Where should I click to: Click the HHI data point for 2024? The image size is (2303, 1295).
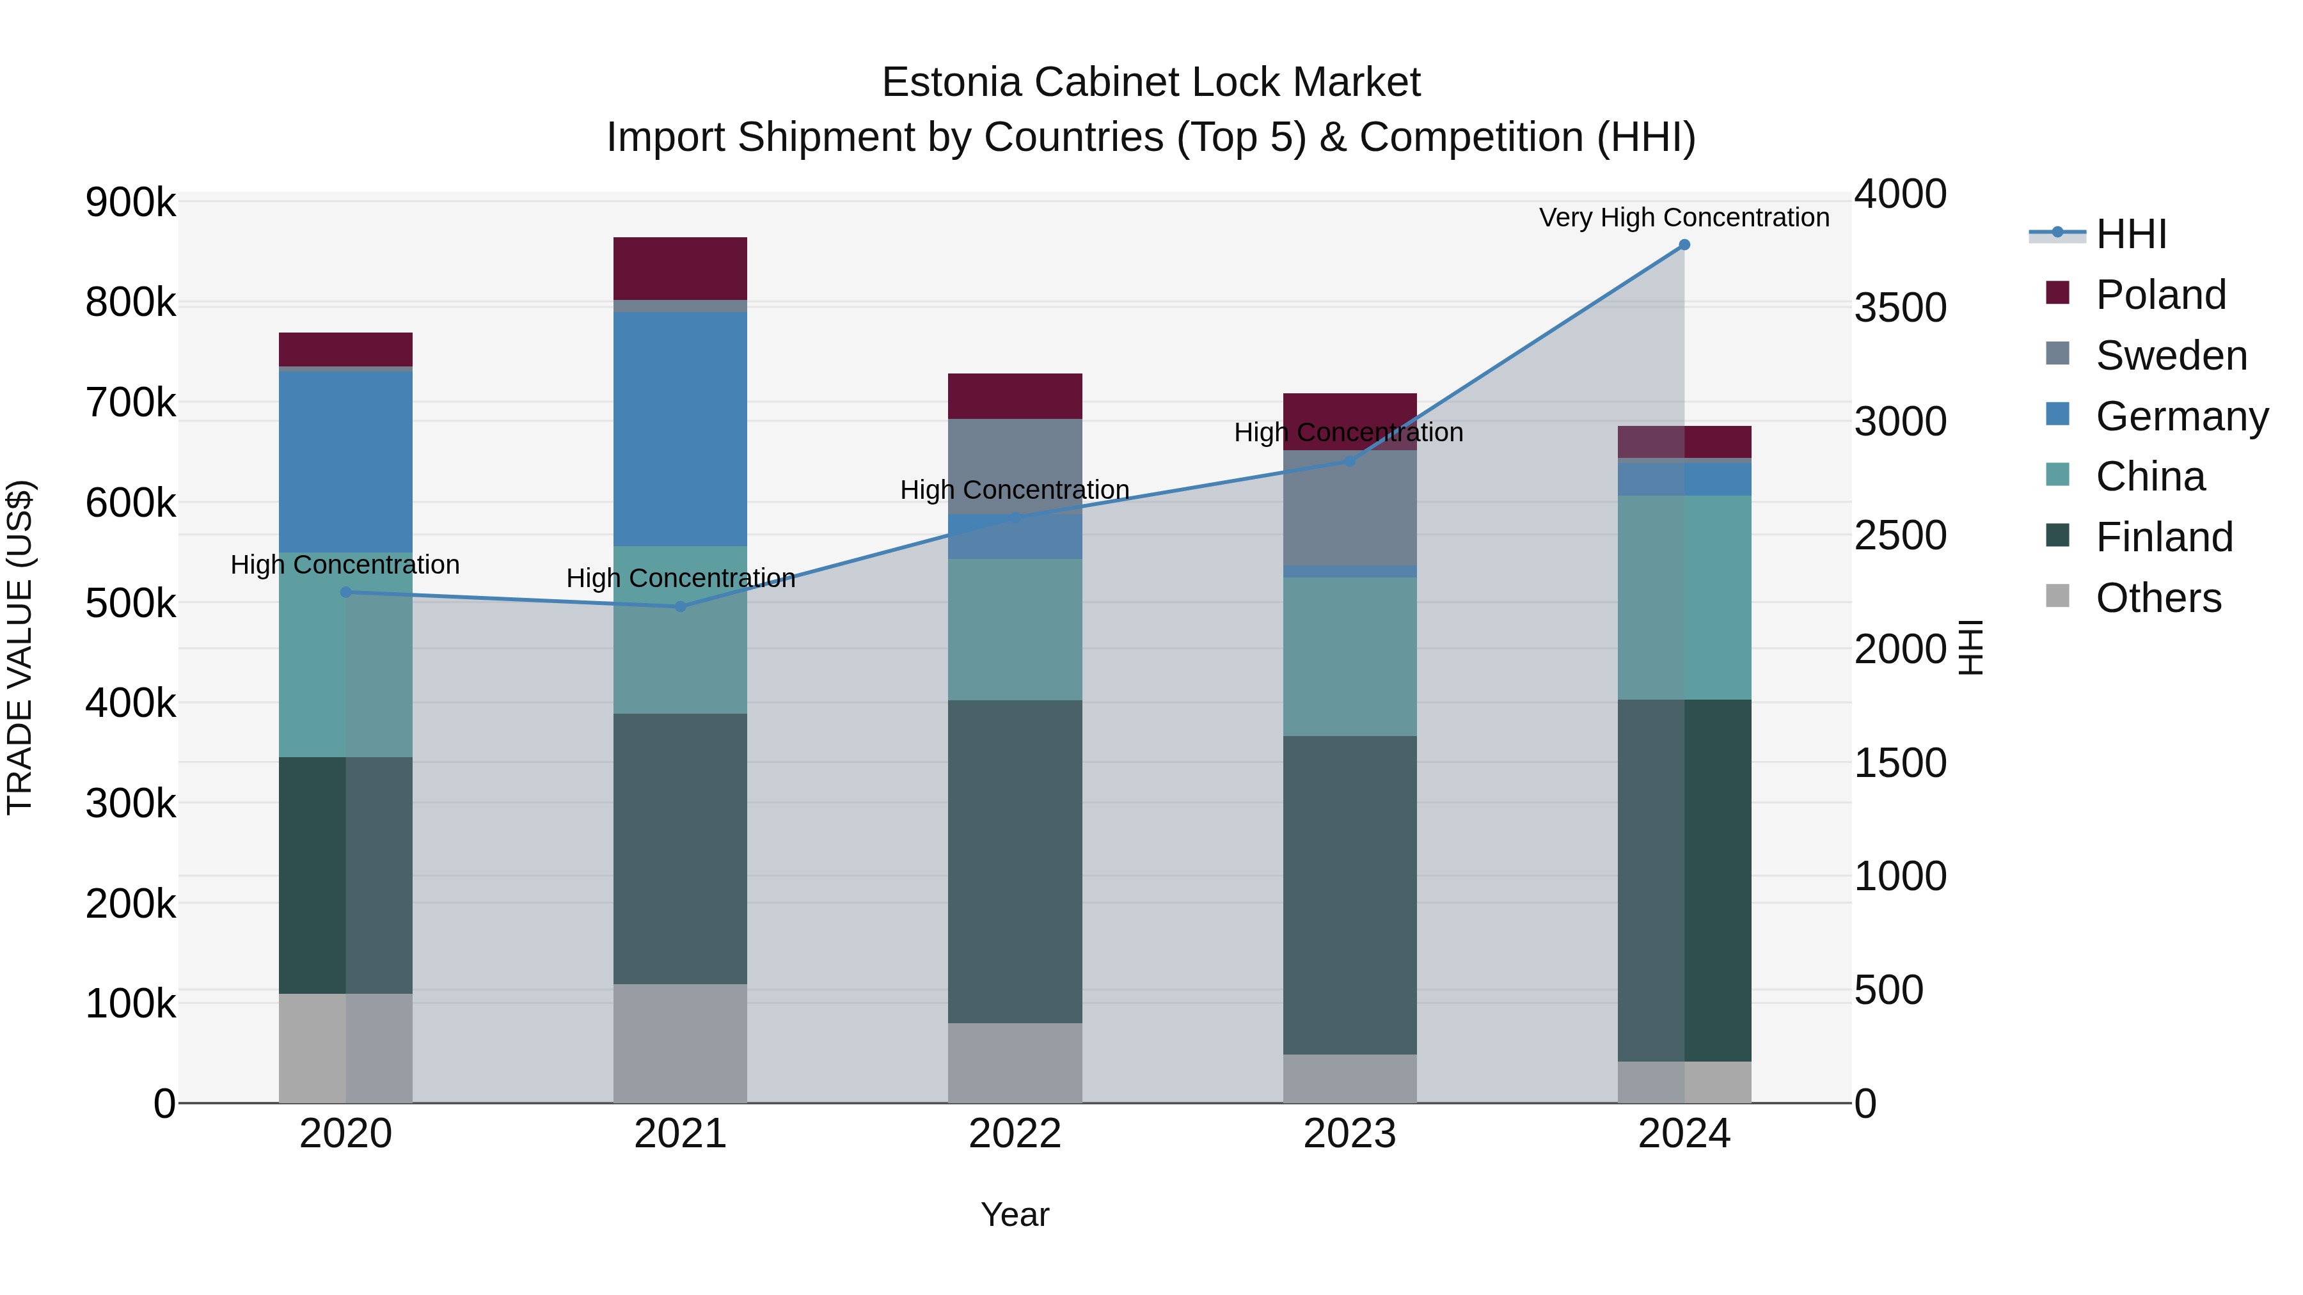(1684, 245)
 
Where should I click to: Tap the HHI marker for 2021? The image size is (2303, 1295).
(681, 607)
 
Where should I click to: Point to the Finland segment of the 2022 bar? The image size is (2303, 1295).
(1015, 861)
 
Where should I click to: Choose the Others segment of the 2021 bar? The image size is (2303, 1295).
(681, 1043)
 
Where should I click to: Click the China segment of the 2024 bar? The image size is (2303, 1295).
(1684, 597)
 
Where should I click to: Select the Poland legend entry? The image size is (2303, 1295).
(2160, 295)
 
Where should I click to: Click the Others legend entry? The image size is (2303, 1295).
(2158, 598)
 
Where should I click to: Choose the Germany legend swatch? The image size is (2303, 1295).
(2058, 414)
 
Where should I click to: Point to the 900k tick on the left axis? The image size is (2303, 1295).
(131, 203)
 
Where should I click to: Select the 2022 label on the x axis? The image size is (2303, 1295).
(1015, 1134)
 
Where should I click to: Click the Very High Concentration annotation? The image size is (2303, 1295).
(1684, 217)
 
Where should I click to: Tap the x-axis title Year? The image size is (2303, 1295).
(1015, 1214)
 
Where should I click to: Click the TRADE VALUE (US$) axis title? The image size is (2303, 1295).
(20, 647)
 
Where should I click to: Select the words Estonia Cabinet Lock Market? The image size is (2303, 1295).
(1151, 82)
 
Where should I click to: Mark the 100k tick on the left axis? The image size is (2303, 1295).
(131, 1003)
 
